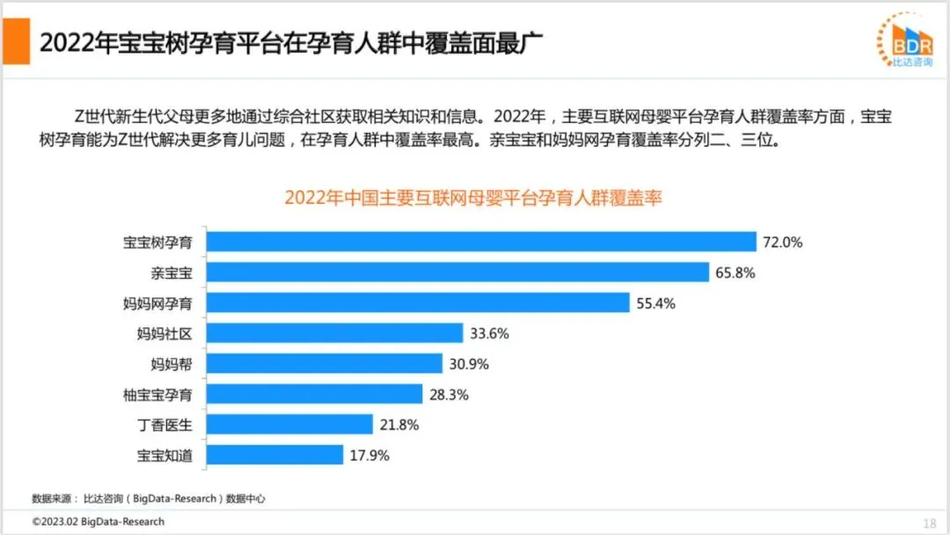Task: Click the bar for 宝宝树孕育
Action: coord(481,242)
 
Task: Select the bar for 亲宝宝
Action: coord(457,272)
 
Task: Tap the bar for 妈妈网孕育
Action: coord(418,303)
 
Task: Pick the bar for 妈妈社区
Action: coord(334,333)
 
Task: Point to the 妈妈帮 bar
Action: coord(324,363)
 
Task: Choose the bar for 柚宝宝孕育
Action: coord(314,394)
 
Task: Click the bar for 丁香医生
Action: coord(289,424)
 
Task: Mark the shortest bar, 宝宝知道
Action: coord(274,454)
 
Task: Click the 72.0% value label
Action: coord(783,242)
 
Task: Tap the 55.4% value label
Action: coord(655,304)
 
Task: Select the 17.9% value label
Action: coord(369,456)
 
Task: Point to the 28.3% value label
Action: coord(449,395)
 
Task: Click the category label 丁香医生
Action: coord(164,425)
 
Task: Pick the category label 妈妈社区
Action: coord(164,333)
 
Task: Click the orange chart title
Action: coord(473,197)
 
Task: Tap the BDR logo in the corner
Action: coord(905,40)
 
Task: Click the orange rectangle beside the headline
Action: coord(17,41)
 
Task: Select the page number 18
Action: coord(930,524)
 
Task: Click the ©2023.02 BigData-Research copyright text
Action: coord(99,522)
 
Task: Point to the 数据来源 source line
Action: coord(149,499)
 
